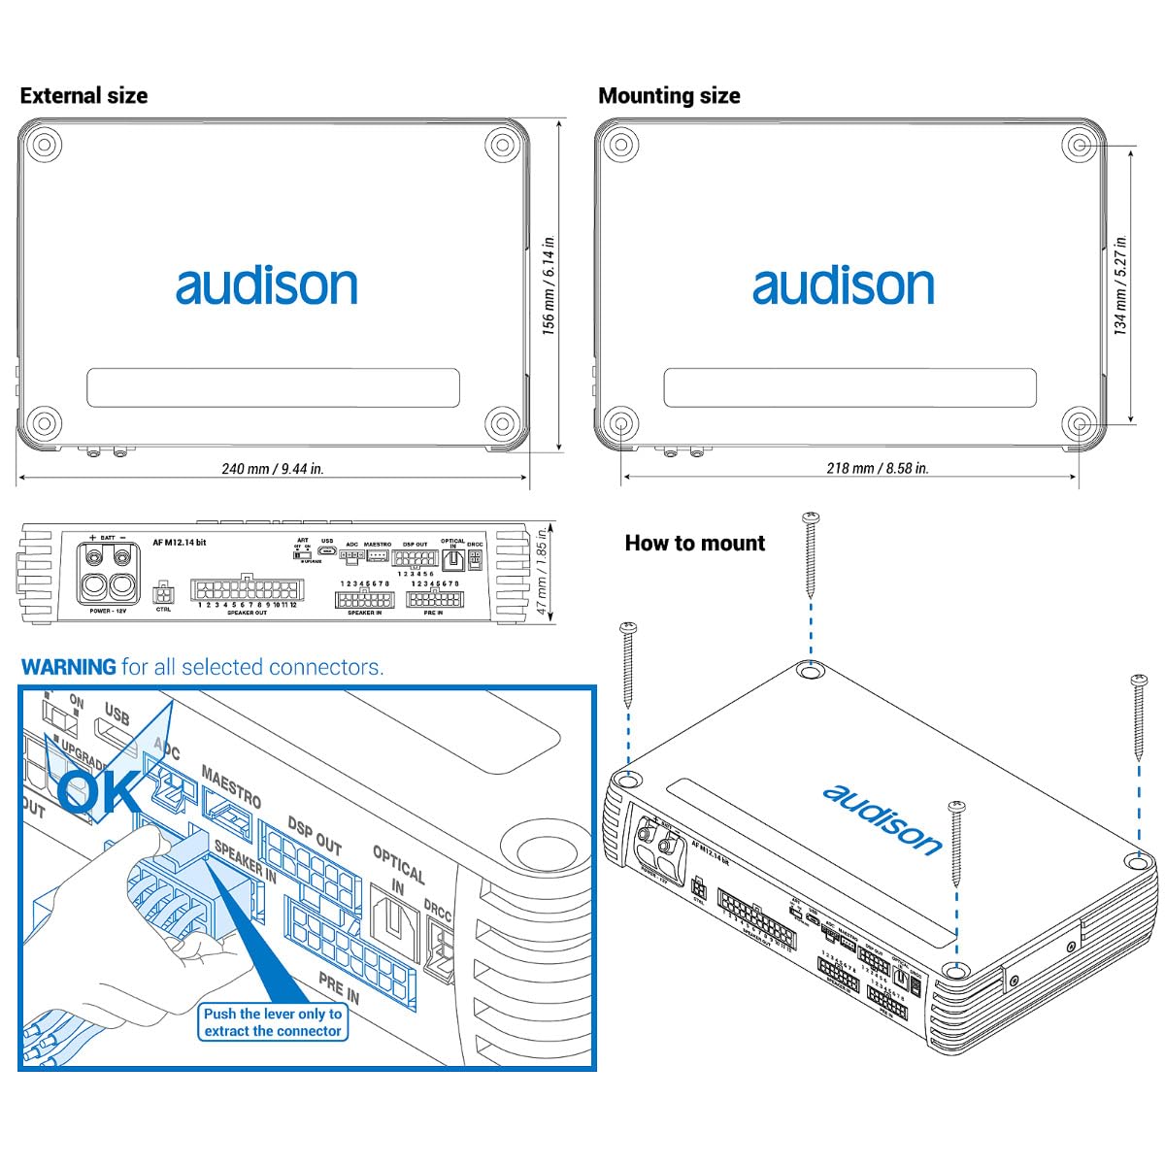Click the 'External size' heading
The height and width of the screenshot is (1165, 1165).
83,95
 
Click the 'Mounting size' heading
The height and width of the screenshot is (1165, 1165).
669,95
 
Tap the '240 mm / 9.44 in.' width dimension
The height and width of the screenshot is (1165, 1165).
273,468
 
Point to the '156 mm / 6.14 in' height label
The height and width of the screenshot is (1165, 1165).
549,285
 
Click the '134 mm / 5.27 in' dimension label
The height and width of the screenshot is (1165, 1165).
1121,285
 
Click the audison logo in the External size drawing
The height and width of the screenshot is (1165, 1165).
266,285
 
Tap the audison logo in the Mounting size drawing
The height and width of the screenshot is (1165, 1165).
843,285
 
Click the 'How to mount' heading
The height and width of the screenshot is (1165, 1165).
694,543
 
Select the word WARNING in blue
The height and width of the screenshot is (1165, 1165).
68,667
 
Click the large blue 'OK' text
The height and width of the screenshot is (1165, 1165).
100,789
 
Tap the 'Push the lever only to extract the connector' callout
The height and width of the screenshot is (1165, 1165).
273,1022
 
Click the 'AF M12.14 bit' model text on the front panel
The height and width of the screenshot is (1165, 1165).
180,543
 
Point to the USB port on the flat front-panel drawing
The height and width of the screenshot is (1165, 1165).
327,553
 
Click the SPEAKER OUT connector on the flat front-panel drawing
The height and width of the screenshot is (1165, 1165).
247,589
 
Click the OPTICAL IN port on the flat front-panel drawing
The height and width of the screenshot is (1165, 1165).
453,559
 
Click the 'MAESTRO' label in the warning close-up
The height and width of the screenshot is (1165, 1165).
231,785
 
